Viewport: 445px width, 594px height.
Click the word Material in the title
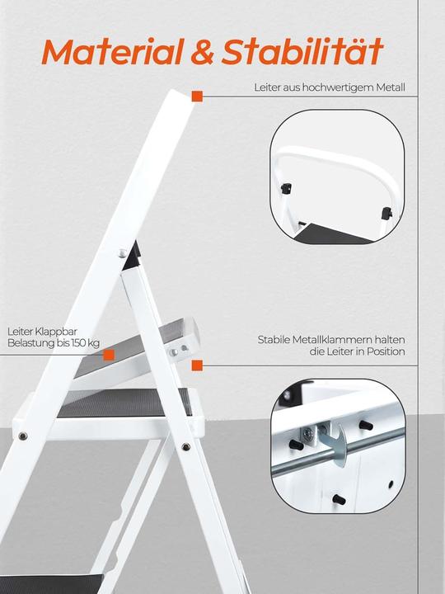[113, 52]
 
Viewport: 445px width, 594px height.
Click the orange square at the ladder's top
[197, 97]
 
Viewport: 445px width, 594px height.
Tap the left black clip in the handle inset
[287, 188]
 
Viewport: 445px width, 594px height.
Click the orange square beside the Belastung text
[108, 355]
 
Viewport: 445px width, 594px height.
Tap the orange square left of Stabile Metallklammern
[197, 364]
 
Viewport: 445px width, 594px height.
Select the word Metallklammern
[330, 340]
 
